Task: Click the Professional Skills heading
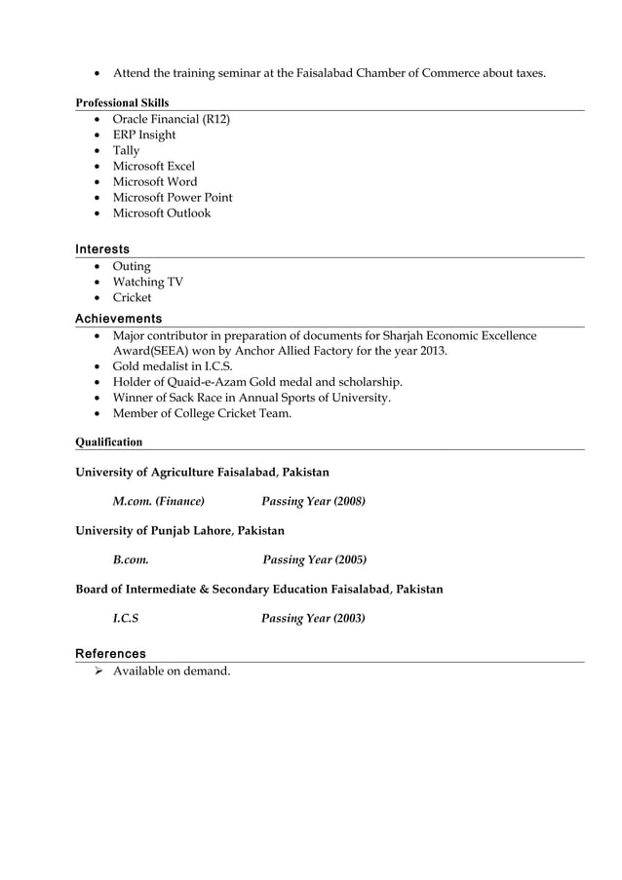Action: point(122,102)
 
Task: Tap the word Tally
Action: point(126,150)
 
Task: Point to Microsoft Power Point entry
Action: point(173,197)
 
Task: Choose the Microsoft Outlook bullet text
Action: point(161,212)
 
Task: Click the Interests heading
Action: point(102,249)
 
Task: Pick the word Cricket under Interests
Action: point(132,297)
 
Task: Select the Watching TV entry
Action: point(147,282)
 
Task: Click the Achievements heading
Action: point(119,319)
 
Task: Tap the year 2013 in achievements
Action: point(433,351)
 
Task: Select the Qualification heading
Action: point(109,441)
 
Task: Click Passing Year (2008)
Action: point(313,501)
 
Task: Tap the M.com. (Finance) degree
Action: point(158,501)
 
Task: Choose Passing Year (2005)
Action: point(314,559)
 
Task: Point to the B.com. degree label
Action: point(131,559)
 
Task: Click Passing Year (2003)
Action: point(313,618)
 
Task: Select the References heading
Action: point(110,654)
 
